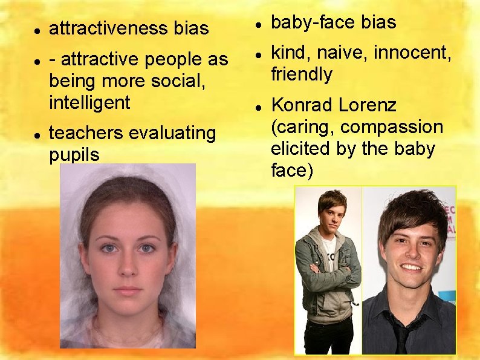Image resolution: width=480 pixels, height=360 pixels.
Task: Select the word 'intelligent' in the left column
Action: tap(89, 102)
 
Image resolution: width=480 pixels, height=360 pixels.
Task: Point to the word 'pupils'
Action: tap(74, 154)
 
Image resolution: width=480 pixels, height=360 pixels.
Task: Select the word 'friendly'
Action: tap(302, 74)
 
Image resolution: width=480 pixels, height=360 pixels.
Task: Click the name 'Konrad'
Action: tap(300, 105)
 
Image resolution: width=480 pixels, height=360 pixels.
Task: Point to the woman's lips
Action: tap(127, 290)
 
